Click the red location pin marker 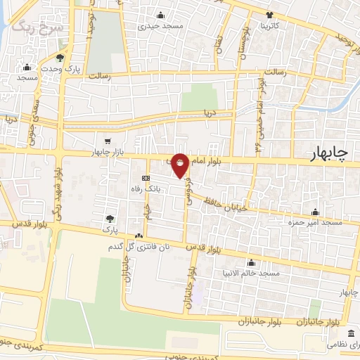pos(181,166)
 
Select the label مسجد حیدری pos(161,26)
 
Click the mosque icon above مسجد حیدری pos(161,15)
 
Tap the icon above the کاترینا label pos(269,15)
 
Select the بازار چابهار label pos(107,152)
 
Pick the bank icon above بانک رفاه pos(146,178)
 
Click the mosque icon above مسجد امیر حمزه pos(314,212)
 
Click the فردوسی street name pos(188,188)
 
